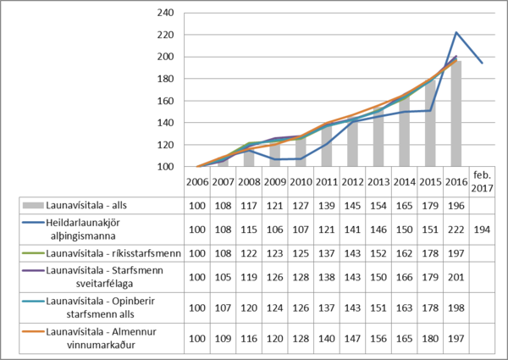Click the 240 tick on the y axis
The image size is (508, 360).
167,13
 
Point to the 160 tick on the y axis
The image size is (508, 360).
167,101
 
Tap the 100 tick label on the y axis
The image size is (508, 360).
167,167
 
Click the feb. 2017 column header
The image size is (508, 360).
481,181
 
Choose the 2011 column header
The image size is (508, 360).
327,181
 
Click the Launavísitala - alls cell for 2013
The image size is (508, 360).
378,205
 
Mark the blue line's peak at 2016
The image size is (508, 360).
456,32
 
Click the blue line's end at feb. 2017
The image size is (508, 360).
482,64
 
